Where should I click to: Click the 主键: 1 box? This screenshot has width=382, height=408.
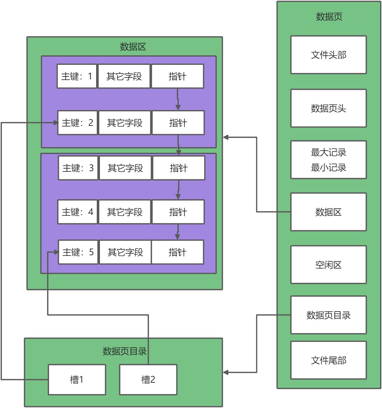(77, 76)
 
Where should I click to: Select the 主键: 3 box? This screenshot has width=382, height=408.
(78, 168)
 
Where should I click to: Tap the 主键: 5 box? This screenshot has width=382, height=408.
(78, 252)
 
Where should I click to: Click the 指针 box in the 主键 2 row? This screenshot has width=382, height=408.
(178, 123)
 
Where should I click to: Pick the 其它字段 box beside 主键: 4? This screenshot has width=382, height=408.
(125, 212)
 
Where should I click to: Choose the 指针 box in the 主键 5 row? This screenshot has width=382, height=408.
(177, 252)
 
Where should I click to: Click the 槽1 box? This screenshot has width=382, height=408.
(77, 380)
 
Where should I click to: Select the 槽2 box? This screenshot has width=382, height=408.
(148, 380)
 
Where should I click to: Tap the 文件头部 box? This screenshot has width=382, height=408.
(328, 55)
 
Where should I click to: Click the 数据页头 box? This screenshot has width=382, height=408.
(328, 108)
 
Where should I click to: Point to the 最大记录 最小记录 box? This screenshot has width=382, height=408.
(328, 160)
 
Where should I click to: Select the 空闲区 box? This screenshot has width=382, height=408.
(328, 265)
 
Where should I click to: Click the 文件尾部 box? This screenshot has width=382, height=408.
(328, 360)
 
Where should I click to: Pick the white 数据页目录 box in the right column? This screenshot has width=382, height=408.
(328, 315)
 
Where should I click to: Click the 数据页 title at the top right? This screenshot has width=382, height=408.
(329, 16)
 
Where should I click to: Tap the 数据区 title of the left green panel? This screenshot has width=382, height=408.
(133, 47)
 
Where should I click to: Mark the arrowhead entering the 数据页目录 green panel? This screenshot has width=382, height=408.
(226, 372)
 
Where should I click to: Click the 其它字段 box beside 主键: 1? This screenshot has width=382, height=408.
(124, 76)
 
